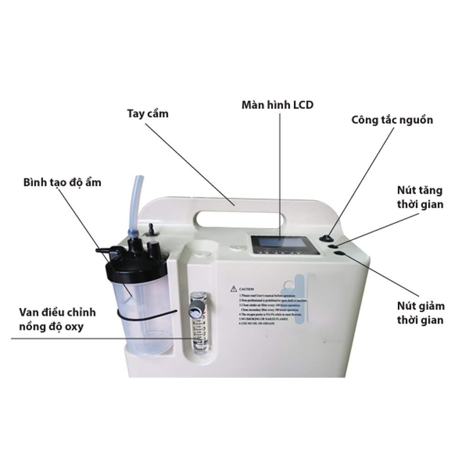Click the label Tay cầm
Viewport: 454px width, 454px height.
(148, 113)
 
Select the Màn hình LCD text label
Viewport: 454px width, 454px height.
(277, 105)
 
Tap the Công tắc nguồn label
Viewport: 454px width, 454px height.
(392, 120)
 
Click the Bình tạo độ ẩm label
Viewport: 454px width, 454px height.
(63, 182)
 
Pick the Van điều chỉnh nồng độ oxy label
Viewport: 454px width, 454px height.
(58, 320)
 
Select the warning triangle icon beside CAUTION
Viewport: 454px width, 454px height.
(233, 288)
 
